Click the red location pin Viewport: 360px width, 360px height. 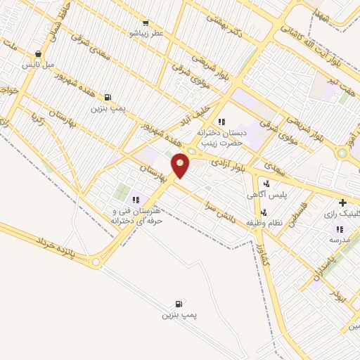pyautogui.click(x=181, y=165)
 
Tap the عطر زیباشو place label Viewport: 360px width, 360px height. pyautogui.click(x=147, y=32)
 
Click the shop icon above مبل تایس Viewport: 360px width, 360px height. pyautogui.click(x=37, y=53)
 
